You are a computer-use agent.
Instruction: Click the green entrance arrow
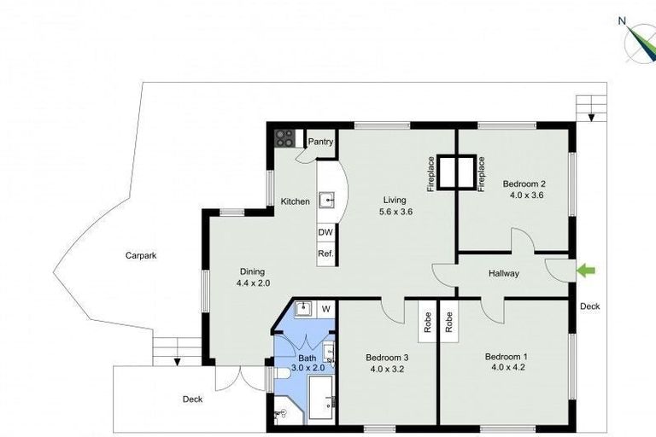[x=586, y=271]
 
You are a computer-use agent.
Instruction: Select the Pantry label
[x=320, y=142]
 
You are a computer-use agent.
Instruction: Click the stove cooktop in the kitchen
[x=284, y=138]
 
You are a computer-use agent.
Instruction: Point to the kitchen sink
[x=326, y=201]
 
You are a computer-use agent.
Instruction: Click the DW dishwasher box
[x=325, y=232]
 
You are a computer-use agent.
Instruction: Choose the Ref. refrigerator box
[x=325, y=253]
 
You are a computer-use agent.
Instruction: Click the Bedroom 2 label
[x=524, y=184]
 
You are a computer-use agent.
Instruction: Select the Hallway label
[x=504, y=274]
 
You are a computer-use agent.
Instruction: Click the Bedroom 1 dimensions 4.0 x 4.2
[x=506, y=369]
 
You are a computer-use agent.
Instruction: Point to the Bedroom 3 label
[x=387, y=357]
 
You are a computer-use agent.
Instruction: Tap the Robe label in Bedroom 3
[x=426, y=322]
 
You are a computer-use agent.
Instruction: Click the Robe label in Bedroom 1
[x=448, y=322]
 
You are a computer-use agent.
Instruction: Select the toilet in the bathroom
[x=282, y=415]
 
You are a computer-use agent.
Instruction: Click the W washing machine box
[x=325, y=308]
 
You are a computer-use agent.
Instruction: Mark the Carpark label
[x=141, y=255]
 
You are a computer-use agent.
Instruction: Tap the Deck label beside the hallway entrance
[x=589, y=306]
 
